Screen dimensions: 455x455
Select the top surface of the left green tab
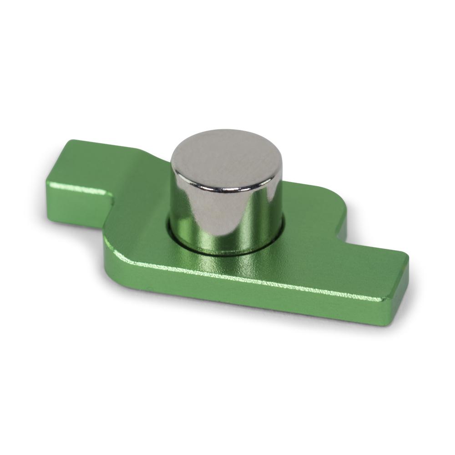91,164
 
